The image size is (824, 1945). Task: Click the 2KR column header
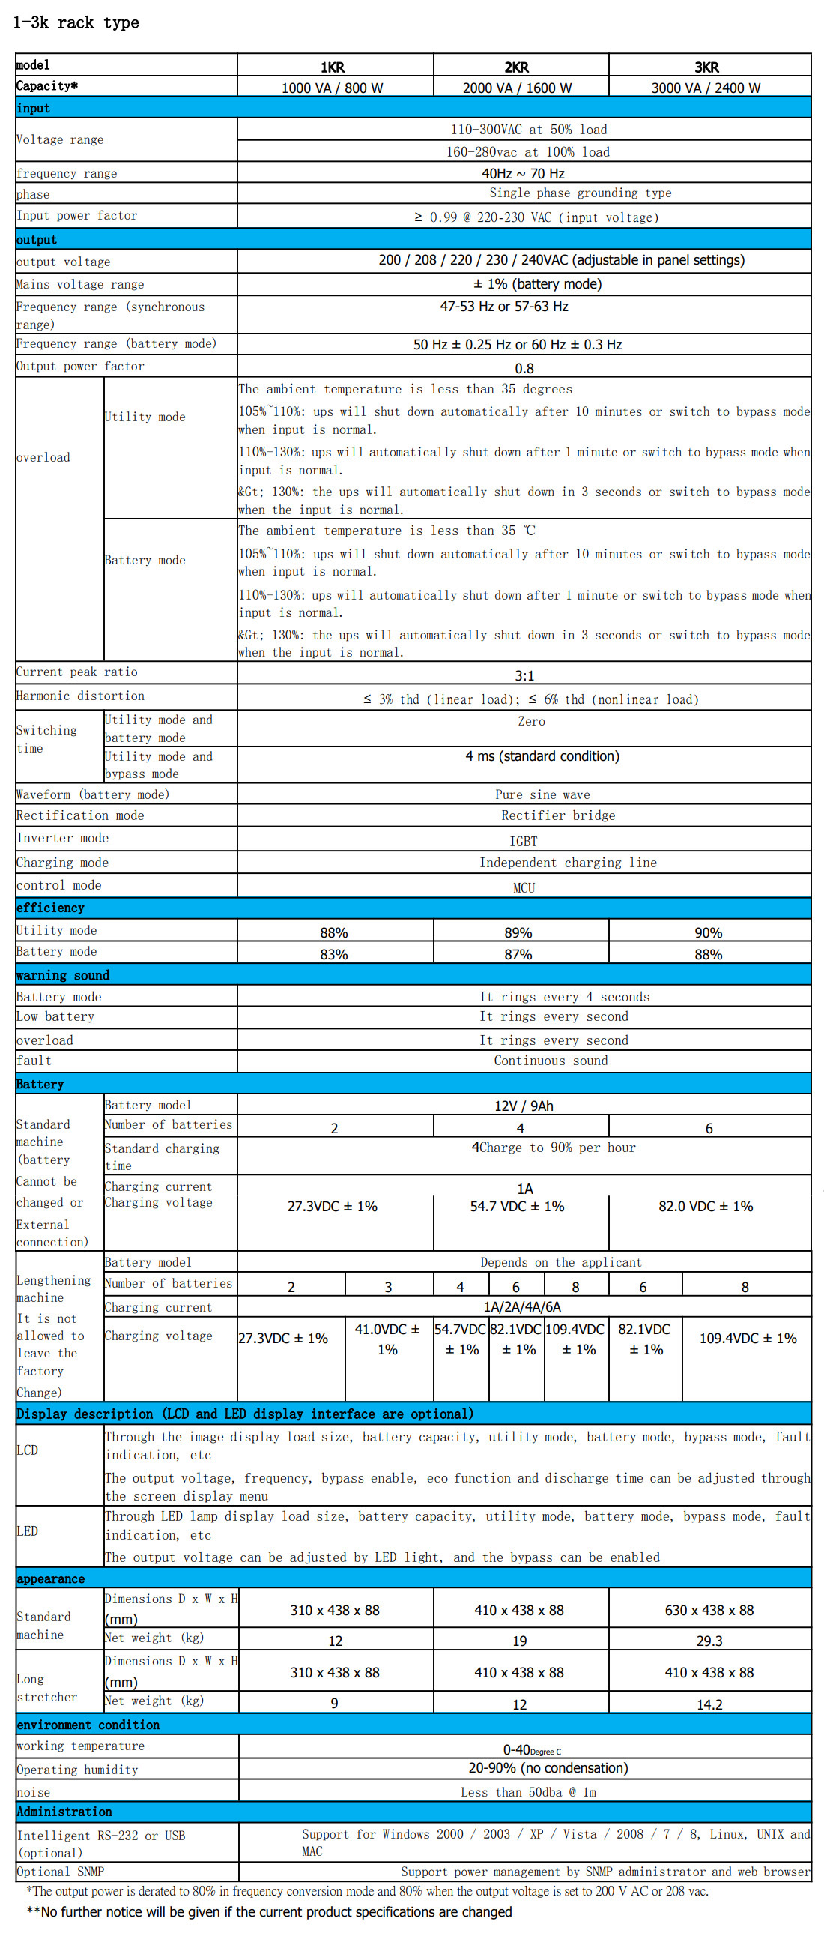point(517,67)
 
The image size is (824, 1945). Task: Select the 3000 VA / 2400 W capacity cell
point(706,88)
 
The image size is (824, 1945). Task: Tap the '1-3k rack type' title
point(76,22)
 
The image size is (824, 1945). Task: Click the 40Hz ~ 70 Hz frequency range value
point(523,173)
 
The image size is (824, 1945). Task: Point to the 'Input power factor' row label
point(77,216)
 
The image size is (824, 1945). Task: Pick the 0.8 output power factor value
point(524,369)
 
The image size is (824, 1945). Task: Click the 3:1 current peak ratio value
point(524,675)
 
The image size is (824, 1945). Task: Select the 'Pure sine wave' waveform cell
point(542,794)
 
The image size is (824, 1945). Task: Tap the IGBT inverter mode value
point(523,841)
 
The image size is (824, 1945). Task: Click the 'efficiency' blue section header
point(50,908)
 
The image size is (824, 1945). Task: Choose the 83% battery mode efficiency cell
point(333,954)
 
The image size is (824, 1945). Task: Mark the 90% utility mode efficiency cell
point(708,932)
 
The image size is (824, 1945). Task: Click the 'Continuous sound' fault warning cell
point(550,1061)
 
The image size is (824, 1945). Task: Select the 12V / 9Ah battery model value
point(524,1106)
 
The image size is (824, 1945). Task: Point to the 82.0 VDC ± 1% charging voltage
point(706,1206)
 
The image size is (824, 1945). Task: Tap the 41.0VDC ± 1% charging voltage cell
point(388,1339)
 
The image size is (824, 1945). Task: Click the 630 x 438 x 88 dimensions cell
point(709,1611)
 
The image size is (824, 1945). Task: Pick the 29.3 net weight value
point(709,1641)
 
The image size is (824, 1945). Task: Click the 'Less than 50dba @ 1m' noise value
point(528,1793)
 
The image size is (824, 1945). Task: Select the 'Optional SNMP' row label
point(61,1872)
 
